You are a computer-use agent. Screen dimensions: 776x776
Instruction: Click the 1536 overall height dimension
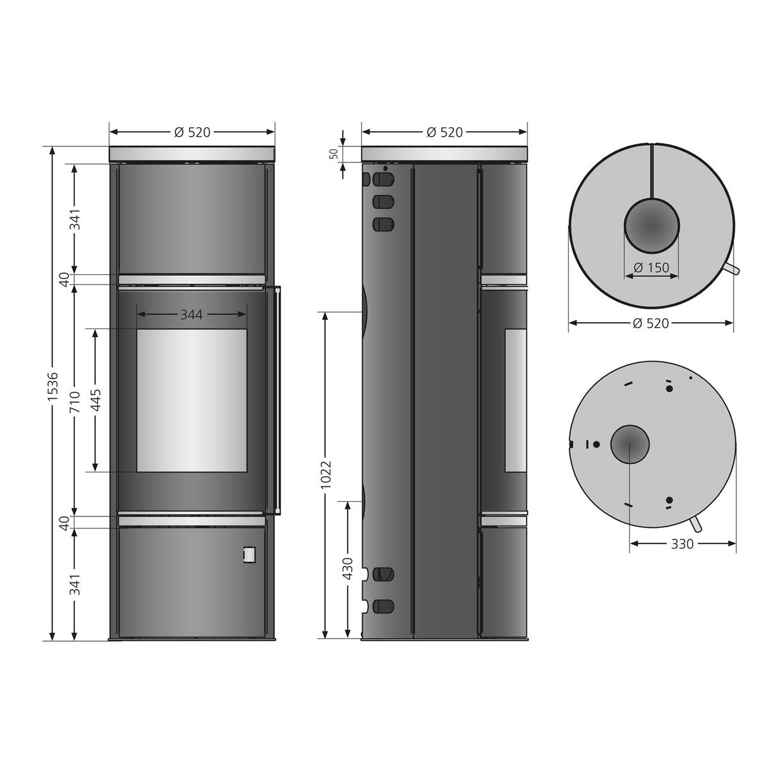coord(52,392)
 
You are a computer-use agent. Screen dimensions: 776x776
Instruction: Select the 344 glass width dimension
coord(192,314)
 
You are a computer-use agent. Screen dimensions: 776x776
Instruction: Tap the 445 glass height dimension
coord(96,400)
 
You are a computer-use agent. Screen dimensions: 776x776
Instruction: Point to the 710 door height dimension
coord(75,400)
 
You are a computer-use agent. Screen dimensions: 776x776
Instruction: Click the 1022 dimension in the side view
coord(326,476)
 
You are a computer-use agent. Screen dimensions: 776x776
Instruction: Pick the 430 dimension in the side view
coord(347,568)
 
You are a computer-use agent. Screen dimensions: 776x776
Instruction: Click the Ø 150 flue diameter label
coord(652,268)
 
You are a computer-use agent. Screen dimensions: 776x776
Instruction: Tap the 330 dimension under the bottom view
coord(682,544)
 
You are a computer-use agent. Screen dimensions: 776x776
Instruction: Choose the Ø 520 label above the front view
coord(192,132)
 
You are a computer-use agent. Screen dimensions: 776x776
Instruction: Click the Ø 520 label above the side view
coord(444,132)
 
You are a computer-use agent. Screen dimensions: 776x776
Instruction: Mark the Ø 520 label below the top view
coord(651,323)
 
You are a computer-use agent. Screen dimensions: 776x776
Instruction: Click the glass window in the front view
coord(192,400)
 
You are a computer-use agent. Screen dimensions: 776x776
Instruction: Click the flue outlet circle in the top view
coord(651,226)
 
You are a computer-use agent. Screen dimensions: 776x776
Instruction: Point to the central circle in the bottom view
coord(630,444)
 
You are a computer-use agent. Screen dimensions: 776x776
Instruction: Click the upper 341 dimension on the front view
coord(75,219)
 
